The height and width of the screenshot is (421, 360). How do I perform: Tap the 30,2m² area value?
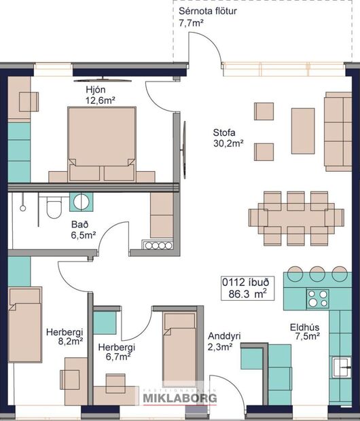(x=228, y=144)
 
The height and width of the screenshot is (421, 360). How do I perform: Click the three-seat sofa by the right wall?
(x=338, y=130)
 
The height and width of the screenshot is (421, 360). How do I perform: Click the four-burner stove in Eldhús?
(x=317, y=299)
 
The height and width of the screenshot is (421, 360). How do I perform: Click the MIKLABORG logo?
(x=179, y=397)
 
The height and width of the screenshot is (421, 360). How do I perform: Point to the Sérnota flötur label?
(x=208, y=12)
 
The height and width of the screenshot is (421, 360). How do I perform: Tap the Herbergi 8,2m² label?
(x=64, y=337)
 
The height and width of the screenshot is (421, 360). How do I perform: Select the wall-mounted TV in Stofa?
(x=183, y=143)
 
